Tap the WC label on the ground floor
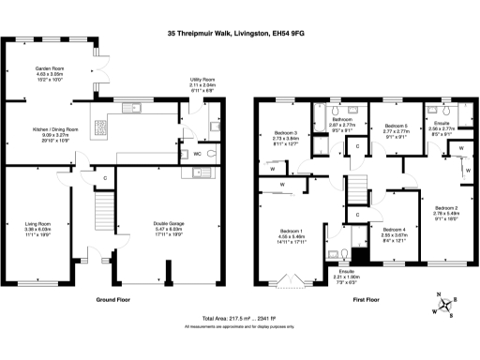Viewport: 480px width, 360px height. (198, 153)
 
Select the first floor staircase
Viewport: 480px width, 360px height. (356, 192)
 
